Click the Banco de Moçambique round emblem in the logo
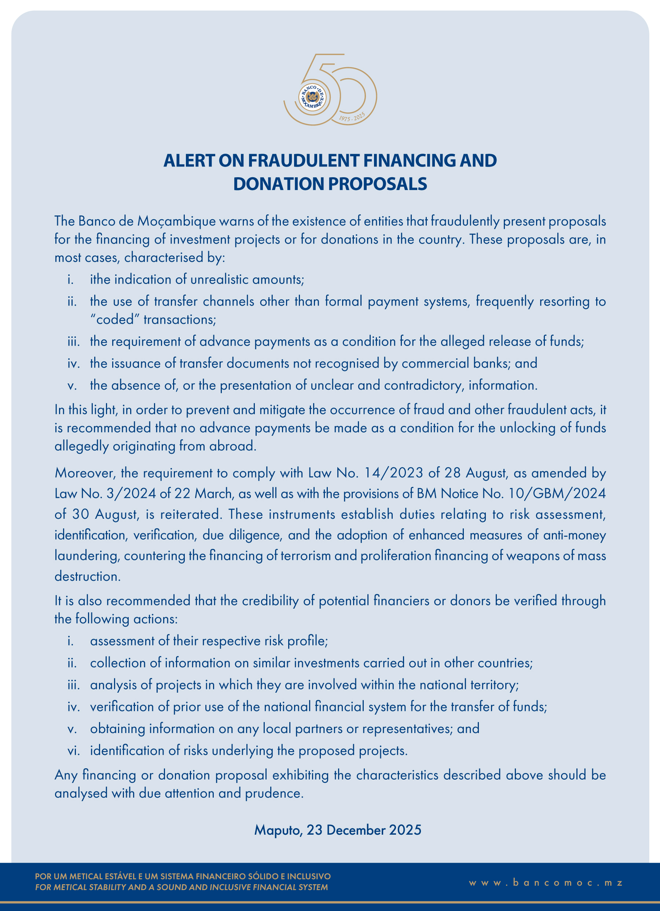[312, 97]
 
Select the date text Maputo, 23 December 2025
[337, 830]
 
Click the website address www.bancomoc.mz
[546, 883]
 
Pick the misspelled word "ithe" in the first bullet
[100, 279]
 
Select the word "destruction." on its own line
[88, 577]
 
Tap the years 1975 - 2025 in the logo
[352, 117]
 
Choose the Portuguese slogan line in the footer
[183, 877]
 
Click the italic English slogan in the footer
[181, 887]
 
